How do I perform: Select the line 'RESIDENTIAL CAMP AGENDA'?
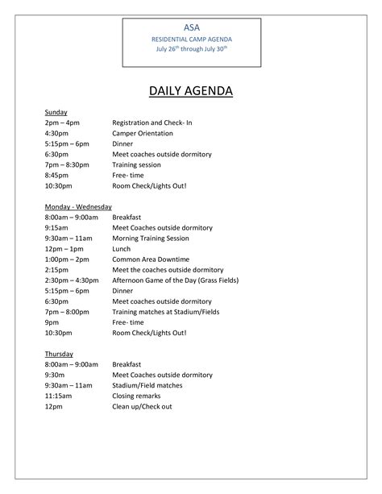pyautogui.click(x=191, y=38)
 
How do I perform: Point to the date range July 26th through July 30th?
pyautogui.click(x=191, y=48)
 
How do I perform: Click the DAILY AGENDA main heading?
pyautogui.click(x=191, y=91)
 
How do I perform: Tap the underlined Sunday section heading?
pyautogui.click(x=56, y=112)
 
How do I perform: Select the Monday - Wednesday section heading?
pyautogui.click(x=78, y=206)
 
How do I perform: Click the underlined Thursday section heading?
pyautogui.click(x=59, y=354)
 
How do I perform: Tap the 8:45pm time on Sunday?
pyautogui.click(x=57, y=175)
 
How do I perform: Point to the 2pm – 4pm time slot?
pyautogui.click(x=63, y=122)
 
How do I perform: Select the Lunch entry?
pyautogui.click(x=121, y=249)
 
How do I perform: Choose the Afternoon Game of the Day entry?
pyautogui.click(x=175, y=280)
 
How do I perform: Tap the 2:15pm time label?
pyautogui.click(x=57, y=270)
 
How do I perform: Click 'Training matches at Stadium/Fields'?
pyautogui.click(x=165, y=312)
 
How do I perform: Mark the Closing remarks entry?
pyautogui.click(x=139, y=396)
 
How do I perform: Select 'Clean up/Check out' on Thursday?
pyautogui.click(x=142, y=406)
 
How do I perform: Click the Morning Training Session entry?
pyautogui.click(x=151, y=239)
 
